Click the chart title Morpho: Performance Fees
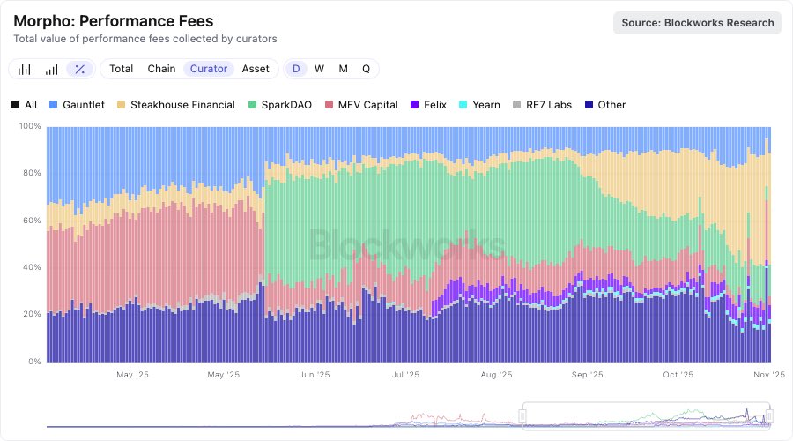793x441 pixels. click(114, 20)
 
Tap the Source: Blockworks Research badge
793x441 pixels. click(698, 22)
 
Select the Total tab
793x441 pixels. click(122, 69)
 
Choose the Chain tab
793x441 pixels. click(161, 69)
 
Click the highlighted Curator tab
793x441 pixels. click(209, 69)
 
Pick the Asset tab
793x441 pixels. click(256, 69)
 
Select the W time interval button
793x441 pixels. click(319, 69)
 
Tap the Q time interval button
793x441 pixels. click(366, 69)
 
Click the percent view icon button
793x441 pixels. click(80, 69)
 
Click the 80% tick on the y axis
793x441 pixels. click(31, 173)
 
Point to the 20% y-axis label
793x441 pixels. click(31, 314)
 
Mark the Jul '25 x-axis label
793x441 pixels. click(406, 375)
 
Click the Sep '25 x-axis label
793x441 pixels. click(588, 375)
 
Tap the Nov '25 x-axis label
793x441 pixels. click(769, 375)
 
